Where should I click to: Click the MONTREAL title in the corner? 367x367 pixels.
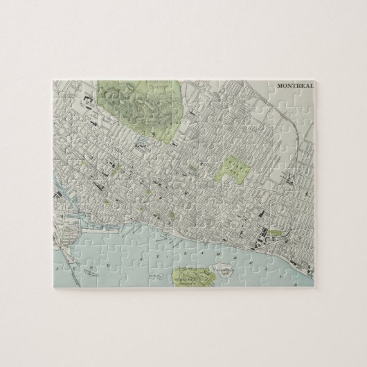295,86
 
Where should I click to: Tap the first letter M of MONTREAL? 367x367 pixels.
280,86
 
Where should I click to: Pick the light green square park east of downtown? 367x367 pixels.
233,167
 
